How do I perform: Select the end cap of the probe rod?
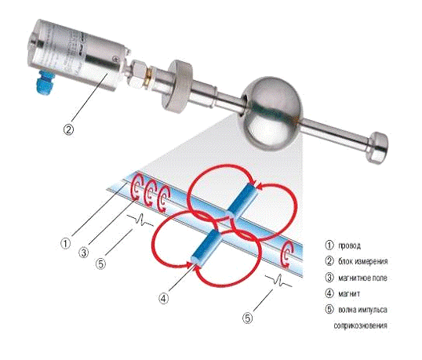(377, 147)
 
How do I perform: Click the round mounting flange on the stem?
(177, 86)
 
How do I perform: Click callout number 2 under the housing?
(68, 129)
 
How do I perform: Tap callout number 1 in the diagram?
(65, 244)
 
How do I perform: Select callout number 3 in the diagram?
(84, 253)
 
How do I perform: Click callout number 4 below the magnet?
(164, 298)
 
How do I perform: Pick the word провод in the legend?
(349, 245)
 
